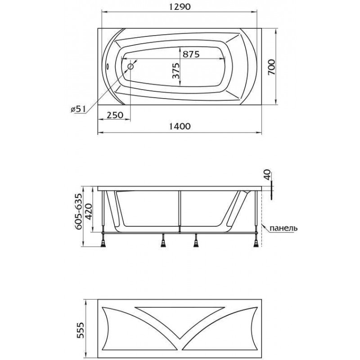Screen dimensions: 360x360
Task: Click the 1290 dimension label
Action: tap(180, 7)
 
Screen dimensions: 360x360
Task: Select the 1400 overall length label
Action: tap(180, 126)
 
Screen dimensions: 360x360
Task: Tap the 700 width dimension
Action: tap(271, 67)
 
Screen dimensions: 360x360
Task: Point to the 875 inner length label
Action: tap(191, 54)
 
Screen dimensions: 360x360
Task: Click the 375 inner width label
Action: tap(175, 71)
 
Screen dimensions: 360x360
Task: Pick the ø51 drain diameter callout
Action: tap(78, 109)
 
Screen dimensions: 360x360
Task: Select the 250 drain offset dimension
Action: tap(115, 115)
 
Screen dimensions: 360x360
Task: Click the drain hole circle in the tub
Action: tap(130, 67)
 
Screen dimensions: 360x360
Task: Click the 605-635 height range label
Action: tap(78, 211)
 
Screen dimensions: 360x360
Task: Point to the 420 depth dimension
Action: tap(89, 211)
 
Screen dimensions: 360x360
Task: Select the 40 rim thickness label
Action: tap(267, 175)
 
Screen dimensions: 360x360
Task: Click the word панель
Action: tap(283, 228)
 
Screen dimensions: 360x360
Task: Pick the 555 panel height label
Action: tap(81, 330)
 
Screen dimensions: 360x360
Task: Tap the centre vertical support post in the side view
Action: tap(180, 211)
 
